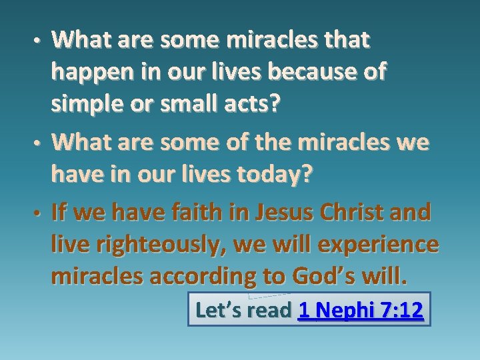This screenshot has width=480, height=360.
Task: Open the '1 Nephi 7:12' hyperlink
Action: coord(361,309)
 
